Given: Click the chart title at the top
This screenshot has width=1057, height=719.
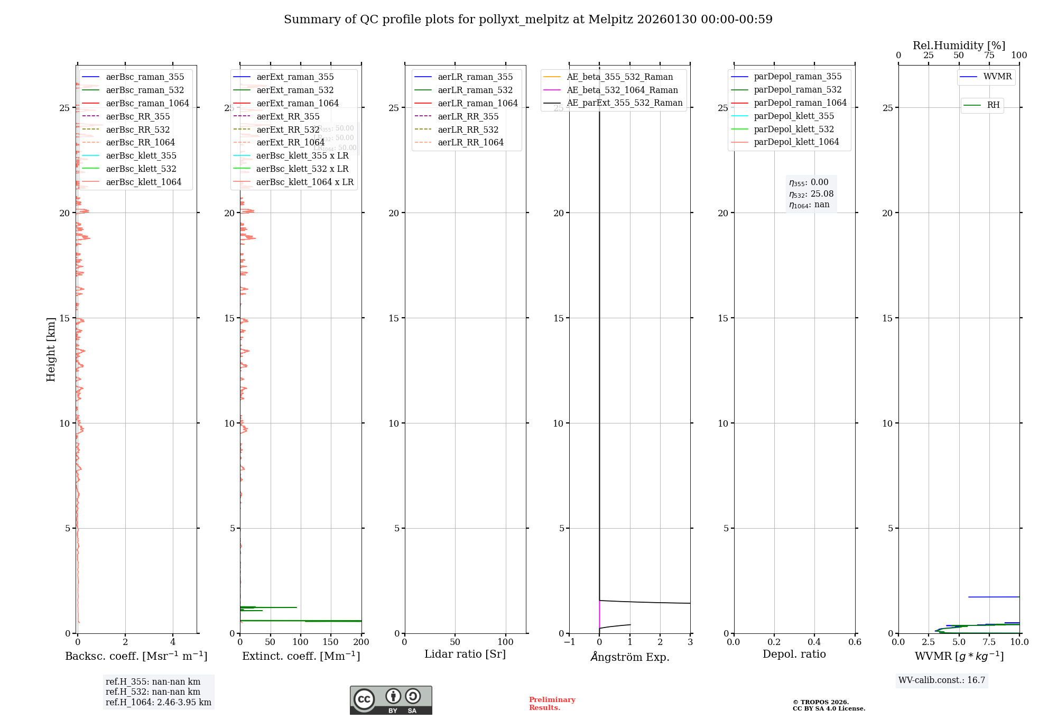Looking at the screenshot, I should coord(528,20).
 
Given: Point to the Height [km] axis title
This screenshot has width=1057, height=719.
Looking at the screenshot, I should coord(51,349).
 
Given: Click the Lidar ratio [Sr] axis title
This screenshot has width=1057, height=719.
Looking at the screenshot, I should coord(465,654).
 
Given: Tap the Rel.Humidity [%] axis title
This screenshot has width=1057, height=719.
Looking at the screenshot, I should coord(959,45).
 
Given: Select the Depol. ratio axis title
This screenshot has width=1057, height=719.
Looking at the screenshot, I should coord(794,654).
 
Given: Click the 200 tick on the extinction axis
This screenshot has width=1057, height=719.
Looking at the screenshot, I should coord(361,642).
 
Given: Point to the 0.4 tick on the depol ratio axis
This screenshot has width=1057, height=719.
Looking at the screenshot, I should coord(814,642).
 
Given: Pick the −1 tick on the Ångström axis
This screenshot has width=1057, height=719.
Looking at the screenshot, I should coord(569,642).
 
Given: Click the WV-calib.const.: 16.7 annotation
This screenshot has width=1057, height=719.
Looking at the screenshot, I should coord(942,680).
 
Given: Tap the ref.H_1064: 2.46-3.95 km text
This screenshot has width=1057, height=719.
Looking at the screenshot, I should coord(159,702).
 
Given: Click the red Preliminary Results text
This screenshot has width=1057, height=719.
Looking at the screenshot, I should coord(552,704).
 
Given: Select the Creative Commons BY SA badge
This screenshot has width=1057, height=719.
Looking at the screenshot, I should coord(391,700).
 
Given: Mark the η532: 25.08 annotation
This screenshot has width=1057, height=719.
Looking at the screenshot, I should coord(811,194).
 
